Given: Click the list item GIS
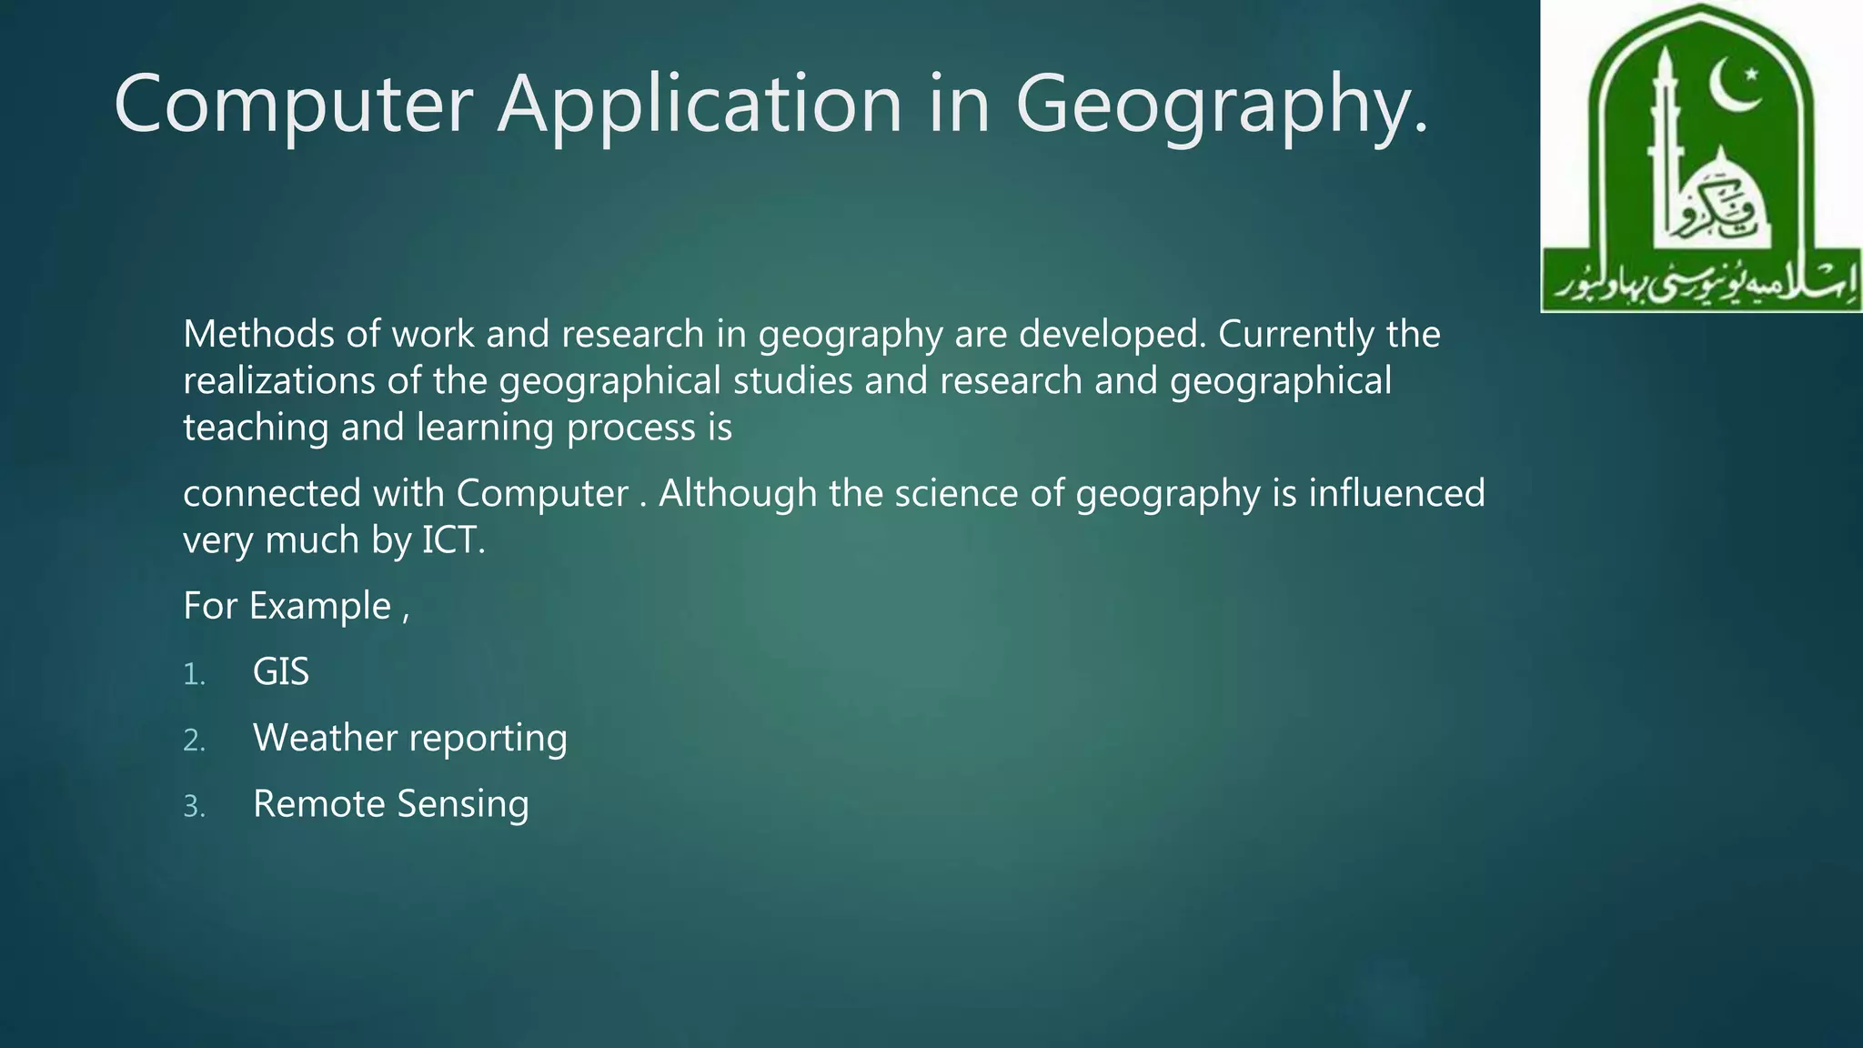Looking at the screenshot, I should click(281, 672).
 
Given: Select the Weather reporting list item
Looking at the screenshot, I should click(410, 738).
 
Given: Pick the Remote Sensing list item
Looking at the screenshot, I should click(391, 804).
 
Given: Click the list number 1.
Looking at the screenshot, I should click(194, 675).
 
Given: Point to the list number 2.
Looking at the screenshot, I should click(194, 741).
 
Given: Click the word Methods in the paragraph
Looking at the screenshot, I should click(258, 334).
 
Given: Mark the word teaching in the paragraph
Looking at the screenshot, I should click(256, 428).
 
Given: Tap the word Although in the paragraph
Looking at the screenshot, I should click(738, 493).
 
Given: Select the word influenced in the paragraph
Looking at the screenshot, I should click(1396, 493).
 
